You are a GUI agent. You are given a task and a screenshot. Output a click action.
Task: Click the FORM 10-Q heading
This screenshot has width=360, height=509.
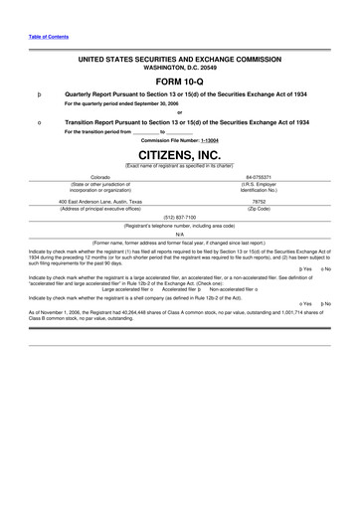179,82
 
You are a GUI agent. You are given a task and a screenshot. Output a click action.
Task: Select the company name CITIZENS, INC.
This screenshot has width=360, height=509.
179,155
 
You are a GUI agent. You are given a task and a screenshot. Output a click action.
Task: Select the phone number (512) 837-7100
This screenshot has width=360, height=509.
179,216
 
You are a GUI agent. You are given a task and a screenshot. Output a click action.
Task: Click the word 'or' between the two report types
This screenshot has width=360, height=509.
179,111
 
